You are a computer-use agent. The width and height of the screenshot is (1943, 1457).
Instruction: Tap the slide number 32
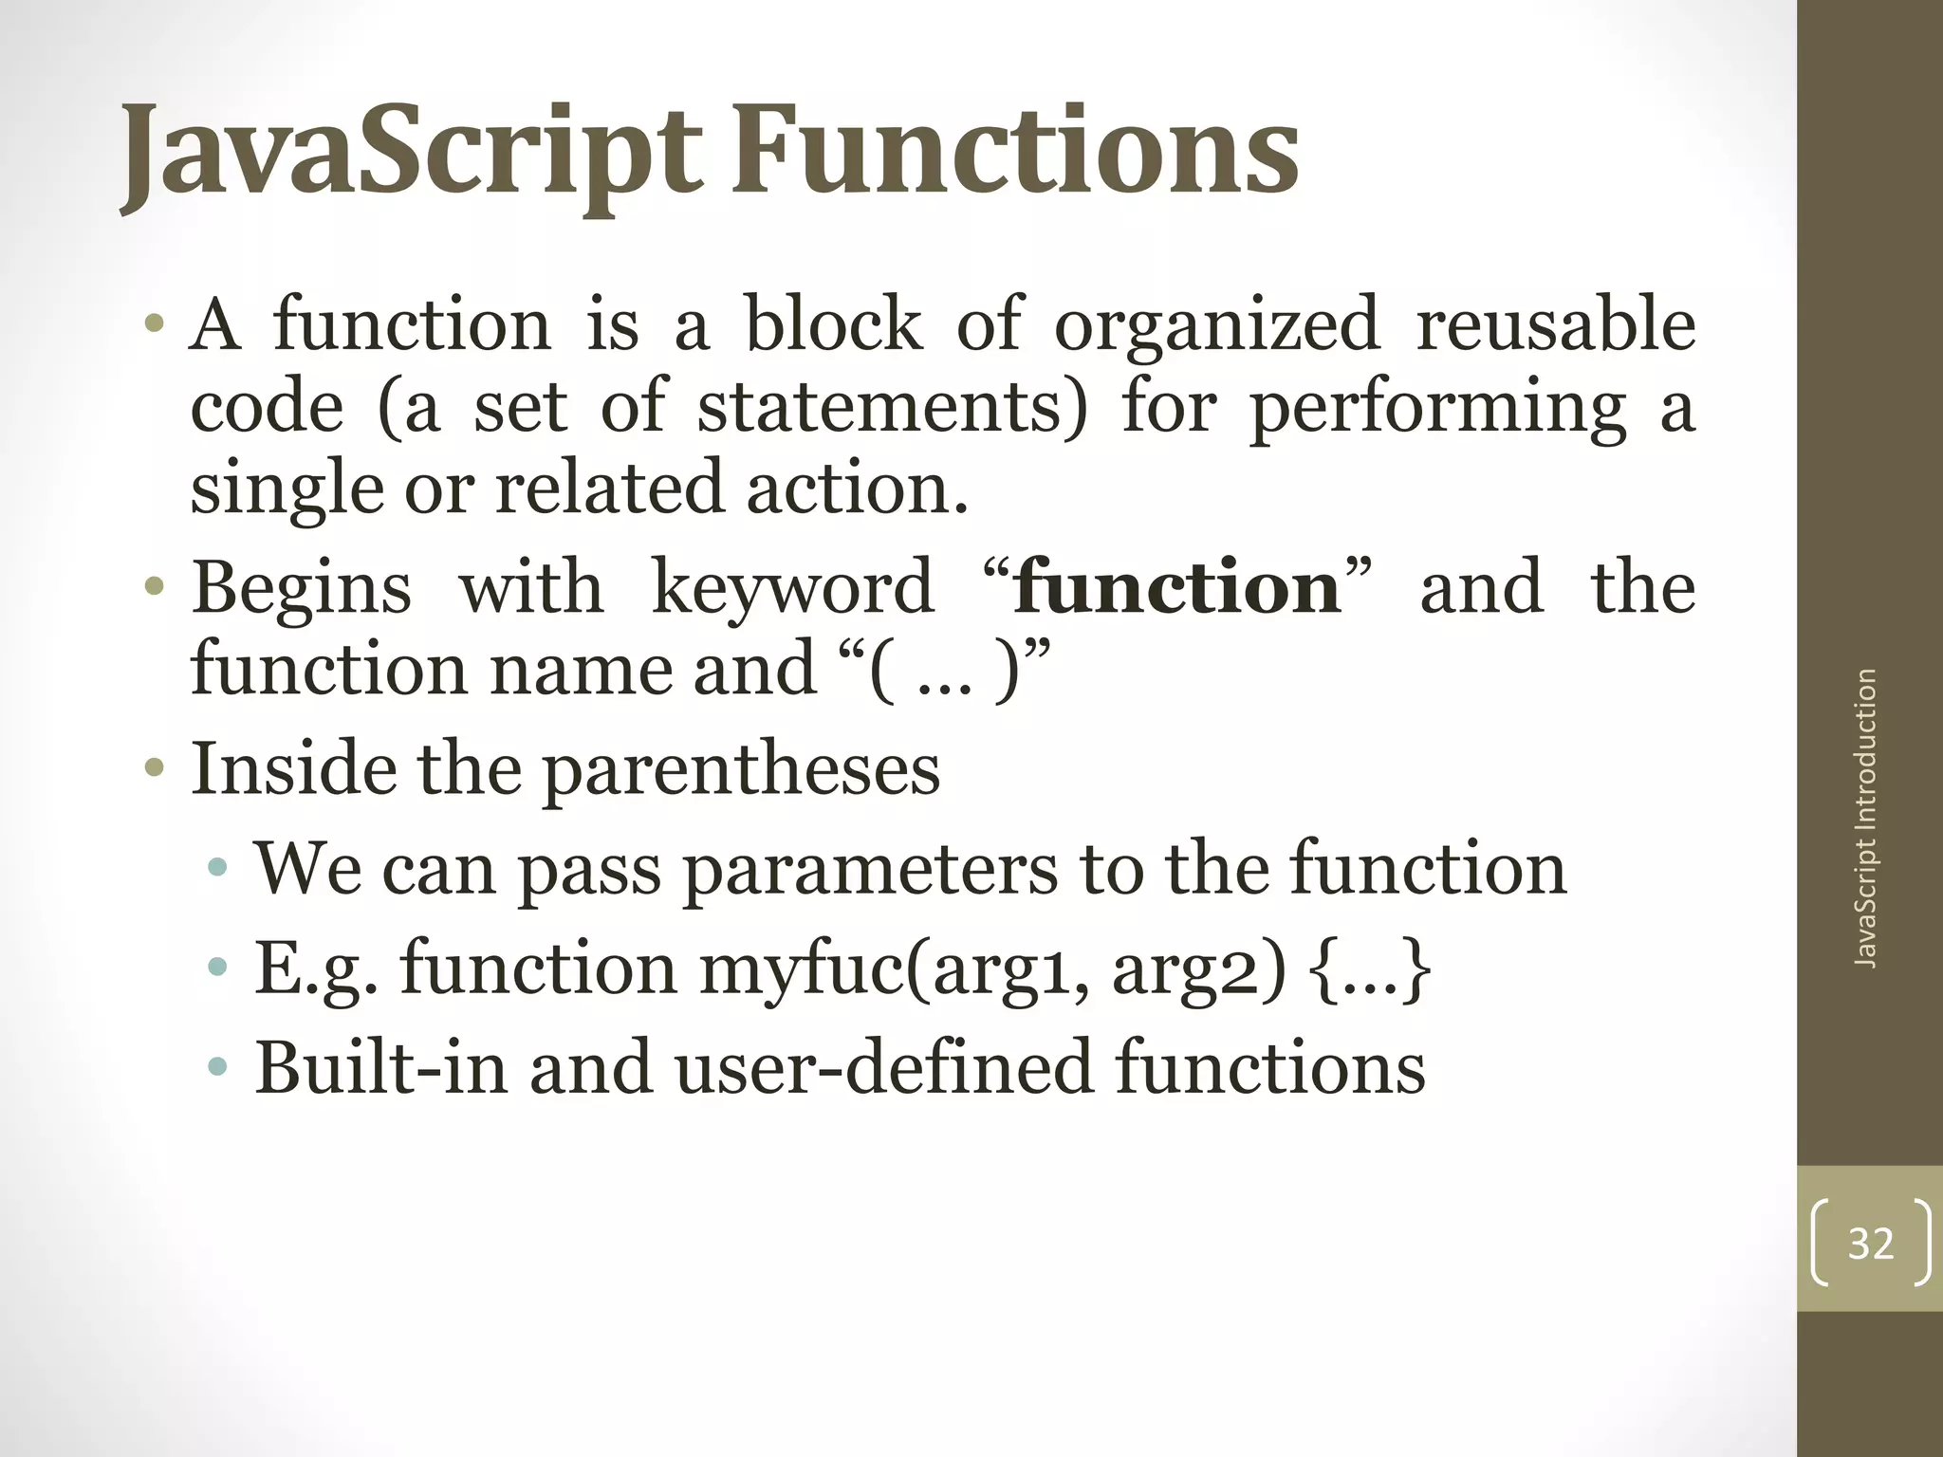[1870, 1244]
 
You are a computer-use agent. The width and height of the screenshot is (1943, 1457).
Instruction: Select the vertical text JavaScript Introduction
[1865, 819]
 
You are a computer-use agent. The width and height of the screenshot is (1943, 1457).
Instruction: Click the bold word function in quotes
[1176, 587]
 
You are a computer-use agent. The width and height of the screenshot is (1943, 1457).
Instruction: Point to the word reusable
[1555, 324]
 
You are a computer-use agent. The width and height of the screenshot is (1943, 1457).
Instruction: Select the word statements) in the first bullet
[893, 407]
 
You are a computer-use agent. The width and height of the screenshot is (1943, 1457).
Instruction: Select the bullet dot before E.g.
[217, 968]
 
